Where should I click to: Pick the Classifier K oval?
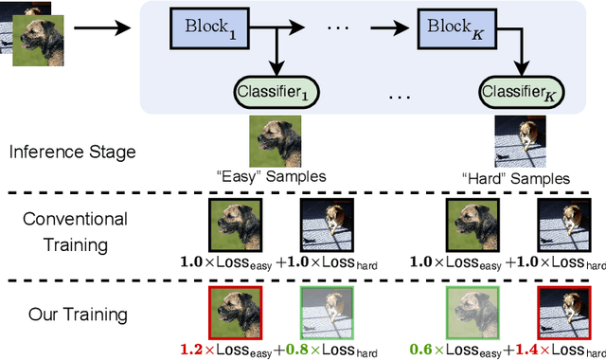click(x=525, y=94)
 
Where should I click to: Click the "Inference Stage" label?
click(x=72, y=152)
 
